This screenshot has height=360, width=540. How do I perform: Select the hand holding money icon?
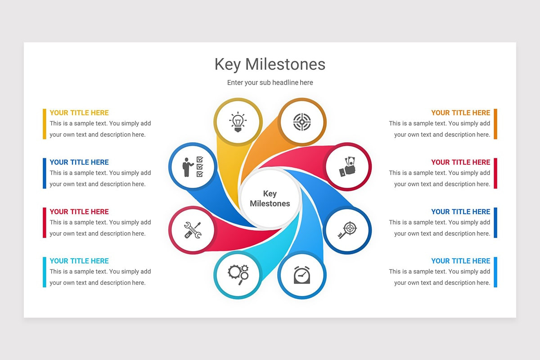coord(347,167)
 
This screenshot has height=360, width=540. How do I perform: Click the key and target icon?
coord(347,230)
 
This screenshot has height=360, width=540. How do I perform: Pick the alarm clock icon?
coord(301,274)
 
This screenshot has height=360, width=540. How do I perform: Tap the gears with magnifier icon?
coord(238,274)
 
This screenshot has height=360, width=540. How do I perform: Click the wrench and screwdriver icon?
coord(193,230)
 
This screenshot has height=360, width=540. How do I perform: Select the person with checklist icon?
coord(193,166)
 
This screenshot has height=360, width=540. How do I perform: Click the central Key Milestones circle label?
coord(270,198)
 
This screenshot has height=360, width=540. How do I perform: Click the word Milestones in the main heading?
coord(285,64)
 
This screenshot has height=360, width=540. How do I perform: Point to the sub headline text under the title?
coord(270,83)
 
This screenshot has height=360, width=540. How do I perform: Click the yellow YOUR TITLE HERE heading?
coord(79,113)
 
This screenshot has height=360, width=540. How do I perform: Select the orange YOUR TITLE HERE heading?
coord(460,113)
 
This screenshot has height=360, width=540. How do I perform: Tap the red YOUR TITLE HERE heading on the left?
coord(79,211)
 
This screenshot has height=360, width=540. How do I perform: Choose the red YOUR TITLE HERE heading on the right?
coord(460,162)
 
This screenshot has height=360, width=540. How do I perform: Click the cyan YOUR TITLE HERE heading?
coord(79,261)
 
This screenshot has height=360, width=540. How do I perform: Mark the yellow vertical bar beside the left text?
coord(45,124)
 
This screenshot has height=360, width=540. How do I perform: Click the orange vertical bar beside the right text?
coord(495,124)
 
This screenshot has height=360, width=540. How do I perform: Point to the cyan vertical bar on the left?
coord(45,272)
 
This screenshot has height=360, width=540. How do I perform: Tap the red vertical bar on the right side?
coord(495,173)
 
